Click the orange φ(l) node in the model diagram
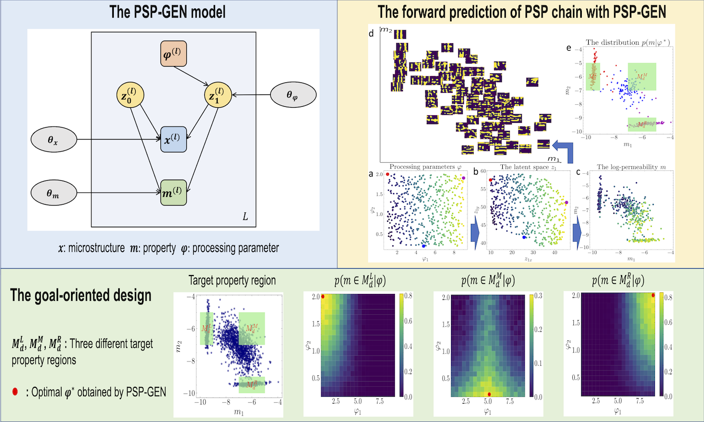point(174,54)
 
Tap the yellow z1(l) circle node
point(217,96)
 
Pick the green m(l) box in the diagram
point(173,193)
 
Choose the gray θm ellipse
point(53,193)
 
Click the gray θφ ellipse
point(293,94)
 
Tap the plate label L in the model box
point(245,217)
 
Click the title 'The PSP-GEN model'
point(167,12)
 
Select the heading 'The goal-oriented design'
point(80,295)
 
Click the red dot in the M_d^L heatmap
point(323,297)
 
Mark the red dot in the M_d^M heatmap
point(489,394)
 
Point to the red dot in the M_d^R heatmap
point(653,295)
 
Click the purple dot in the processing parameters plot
point(464,178)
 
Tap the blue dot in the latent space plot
point(524,237)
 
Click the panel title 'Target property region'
point(232,281)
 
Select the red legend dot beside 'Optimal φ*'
point(15,392)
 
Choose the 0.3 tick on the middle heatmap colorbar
point(538,296)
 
